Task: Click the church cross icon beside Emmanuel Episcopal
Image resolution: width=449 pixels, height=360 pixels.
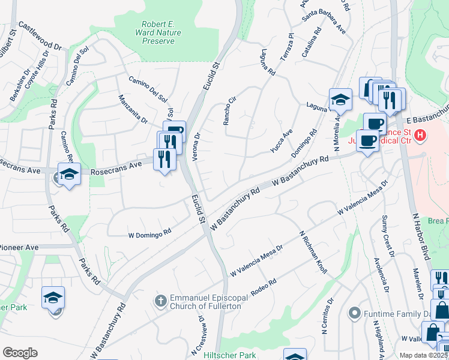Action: [x=160, y=299]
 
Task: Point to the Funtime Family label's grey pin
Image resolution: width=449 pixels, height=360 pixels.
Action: [x=355, y=313]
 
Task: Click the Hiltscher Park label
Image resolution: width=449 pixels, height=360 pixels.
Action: [x=230, y=355]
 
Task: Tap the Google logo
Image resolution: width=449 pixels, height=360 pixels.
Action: [x=20, y=352]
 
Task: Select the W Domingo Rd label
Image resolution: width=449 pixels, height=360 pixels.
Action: [x=151, y=233]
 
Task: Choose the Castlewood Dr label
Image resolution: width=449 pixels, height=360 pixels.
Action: [x=40, y=36]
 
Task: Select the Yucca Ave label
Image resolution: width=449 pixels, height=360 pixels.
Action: [x=280, y=142]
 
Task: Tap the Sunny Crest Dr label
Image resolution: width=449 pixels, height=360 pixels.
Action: [x=387, y=233]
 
